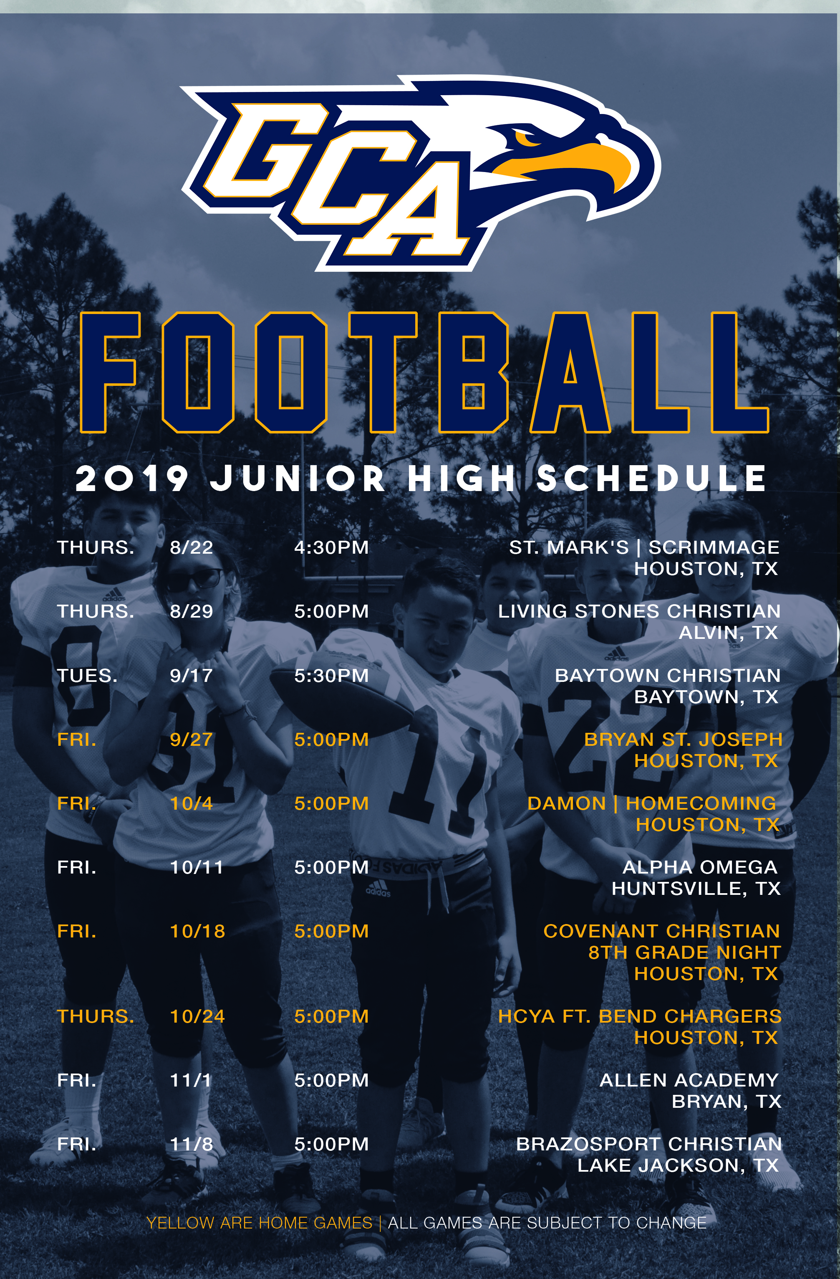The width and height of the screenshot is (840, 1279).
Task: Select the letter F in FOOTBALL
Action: pyautogui.click(x=110, y=372)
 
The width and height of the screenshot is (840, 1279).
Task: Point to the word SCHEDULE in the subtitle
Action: pyautogui.click(x=651, y=478)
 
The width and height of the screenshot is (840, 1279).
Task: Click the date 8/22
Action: pyautogui.click(x=192, y=547)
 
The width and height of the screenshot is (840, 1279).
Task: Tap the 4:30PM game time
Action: pyautogui.click(x=331, y=547)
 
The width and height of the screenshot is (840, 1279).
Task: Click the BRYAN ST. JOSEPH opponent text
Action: pyautogui.click(x=683, y=739)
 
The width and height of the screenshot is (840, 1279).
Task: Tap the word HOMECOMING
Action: pyautogui.click(x=701, y=803)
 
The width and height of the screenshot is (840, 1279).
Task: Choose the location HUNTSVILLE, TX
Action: pyautogui.click(x=696, y=888)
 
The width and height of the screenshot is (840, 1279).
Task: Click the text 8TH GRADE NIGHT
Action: pyautogui.click(x=685, y=952)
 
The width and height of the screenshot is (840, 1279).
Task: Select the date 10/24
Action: pyautogui.click(x=197, y=1016)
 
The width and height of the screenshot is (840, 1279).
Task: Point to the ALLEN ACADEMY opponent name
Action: pyautogui.click(x=689, y=1080)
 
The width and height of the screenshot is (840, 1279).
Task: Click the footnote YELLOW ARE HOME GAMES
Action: pyautogui.click(x=260, y=1223)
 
